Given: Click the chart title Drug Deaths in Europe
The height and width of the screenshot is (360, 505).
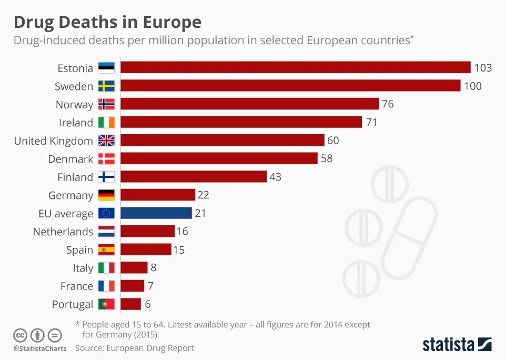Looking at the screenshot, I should (107, 22).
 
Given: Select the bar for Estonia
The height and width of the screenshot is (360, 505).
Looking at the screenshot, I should (295, 67).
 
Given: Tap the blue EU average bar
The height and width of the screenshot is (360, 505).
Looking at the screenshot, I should (156, 213).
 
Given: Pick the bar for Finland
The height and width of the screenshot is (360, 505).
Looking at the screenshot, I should (193, 177).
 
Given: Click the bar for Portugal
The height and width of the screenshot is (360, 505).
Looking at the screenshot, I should (130, 304).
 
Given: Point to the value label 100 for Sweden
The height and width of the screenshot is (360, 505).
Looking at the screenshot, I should (472, 86).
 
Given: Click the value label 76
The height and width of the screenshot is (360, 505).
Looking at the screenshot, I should (388, 104).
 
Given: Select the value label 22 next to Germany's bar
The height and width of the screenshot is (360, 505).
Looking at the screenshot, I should (203, 195).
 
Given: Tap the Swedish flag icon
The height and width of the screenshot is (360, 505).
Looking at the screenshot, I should (106, 86).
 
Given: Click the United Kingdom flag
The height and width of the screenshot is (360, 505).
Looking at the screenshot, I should (106, 141).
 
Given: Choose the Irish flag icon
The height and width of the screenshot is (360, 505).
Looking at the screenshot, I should (106, 123).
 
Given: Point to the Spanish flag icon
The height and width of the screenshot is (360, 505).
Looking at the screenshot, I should (106, 250).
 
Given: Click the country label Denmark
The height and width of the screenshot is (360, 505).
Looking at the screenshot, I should (70, 159).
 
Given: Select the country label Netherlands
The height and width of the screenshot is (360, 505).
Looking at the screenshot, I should (63, 232).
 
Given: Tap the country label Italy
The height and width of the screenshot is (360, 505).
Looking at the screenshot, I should (83, 268).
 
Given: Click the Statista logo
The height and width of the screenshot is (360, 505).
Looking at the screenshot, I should (457, 345).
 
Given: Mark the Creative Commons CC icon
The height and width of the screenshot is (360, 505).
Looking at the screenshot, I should (20, 335).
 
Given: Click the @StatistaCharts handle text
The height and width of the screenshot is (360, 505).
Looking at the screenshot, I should (40, 348).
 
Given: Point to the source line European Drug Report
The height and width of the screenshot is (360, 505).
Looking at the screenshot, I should (135, 348).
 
